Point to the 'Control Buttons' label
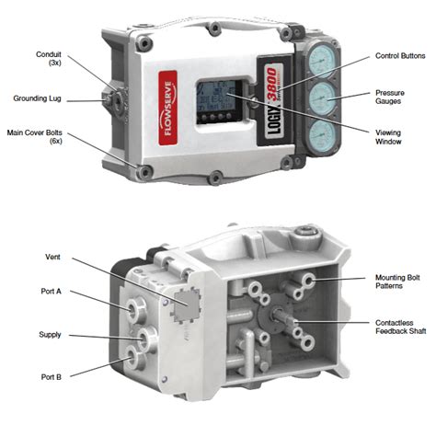coord(398,57)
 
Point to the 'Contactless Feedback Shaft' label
coord(398,330)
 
